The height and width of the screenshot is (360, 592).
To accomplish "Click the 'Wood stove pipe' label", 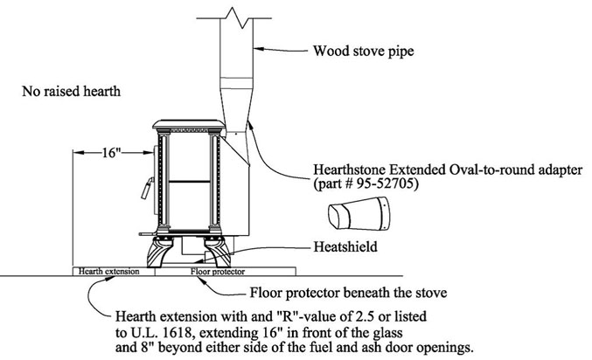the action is [363, 51].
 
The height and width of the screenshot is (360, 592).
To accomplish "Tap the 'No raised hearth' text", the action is [72, 91].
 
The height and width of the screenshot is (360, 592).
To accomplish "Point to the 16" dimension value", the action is [111, 152].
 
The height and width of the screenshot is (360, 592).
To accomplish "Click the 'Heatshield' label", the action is [345, 246].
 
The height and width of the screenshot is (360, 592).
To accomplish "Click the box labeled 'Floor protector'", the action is [226, 272].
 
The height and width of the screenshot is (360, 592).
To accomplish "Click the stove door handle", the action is [147, 188].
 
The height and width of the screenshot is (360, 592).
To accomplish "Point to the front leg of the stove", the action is [160, 252].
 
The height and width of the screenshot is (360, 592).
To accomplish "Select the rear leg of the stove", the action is [218, 252].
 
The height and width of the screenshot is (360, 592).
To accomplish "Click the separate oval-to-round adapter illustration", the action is [359, 213].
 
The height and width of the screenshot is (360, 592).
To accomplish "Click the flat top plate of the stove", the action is [189, 125].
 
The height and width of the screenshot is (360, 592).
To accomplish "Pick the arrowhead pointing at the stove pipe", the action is [258, 49].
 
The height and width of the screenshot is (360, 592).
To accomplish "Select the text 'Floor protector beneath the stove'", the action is [348, 293].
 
